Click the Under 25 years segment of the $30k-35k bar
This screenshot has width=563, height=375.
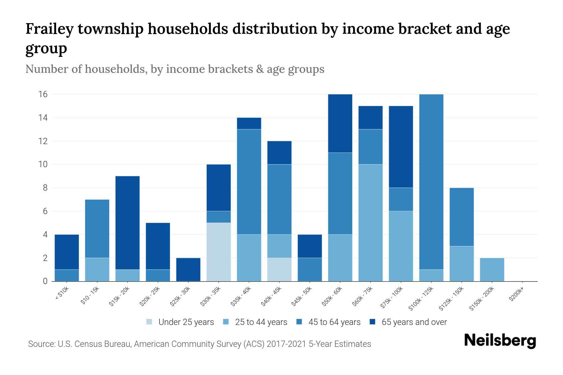tap(219, 252)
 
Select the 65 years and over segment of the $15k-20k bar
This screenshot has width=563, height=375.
tap(128, 222)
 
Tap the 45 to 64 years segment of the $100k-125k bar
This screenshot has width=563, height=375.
tap(431, 182)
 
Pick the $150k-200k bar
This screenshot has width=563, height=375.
tap(492, 269)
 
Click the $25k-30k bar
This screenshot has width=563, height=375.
tap(188, 269)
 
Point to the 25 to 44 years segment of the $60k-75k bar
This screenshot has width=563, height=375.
tap(370, 222)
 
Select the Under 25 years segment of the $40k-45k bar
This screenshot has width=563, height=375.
tap(279, 269)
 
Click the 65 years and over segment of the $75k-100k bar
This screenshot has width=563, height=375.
tap(401, 147)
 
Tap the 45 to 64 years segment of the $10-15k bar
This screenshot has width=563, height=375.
tap(97, 228)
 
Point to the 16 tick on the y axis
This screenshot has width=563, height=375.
tap(43, 94)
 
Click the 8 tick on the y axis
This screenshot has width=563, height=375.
tap(45, 188)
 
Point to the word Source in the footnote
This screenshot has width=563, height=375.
tap(40, 344)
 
